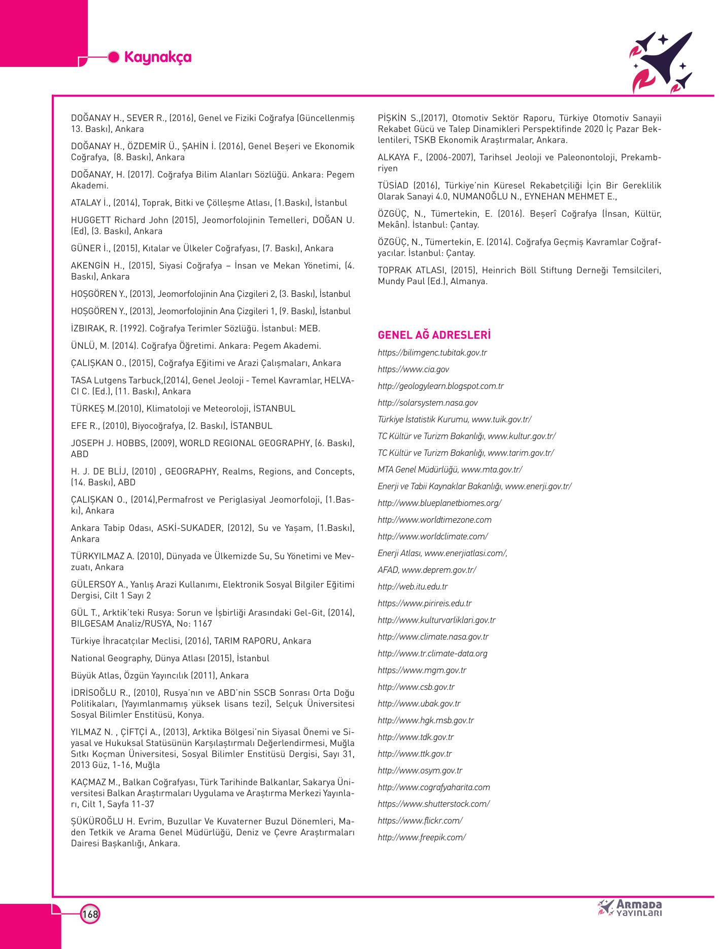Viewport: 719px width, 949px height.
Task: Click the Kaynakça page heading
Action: click(157, 57)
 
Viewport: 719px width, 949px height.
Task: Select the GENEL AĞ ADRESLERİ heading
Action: click(434, 335)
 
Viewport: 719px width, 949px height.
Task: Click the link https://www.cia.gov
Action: click(413, 369)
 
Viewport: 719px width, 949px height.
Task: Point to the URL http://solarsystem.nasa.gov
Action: click(427, 403)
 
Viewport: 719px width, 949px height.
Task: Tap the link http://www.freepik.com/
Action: click(421, 837)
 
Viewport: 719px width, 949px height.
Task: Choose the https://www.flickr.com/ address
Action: click(420, 821)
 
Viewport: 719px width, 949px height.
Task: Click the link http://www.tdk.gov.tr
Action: click(416, 737)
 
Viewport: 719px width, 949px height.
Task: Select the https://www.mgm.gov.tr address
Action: click(422, 670)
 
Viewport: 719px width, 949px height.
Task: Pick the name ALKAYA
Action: click(393, 157)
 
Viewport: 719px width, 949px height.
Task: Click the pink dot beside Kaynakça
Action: click(115, 57)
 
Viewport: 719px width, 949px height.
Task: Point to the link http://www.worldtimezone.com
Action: click(434, 520)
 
